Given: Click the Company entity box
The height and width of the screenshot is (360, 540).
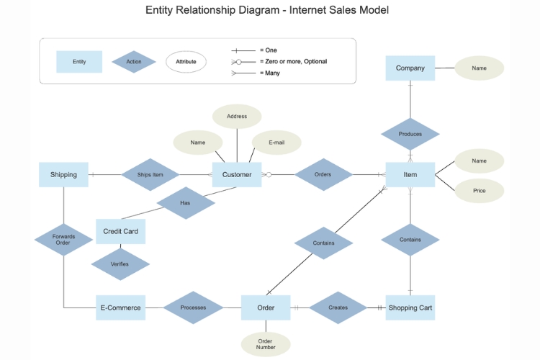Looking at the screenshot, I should click(410, 68).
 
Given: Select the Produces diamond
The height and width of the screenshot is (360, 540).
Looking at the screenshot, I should click(410, 134).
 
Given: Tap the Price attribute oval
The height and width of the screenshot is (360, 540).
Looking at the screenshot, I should click(479, 191).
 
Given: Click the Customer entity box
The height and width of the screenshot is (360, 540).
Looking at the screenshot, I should click(236, 174).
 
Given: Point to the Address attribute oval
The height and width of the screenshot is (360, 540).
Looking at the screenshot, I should click(237, 116).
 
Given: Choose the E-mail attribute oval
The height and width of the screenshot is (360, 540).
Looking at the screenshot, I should click(276, 143).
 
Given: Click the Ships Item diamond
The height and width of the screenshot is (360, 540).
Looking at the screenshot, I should click(150, 174).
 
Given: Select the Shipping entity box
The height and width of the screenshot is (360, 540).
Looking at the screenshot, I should click(63, 174).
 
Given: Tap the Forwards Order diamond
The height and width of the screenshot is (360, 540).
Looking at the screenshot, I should click(63, 239).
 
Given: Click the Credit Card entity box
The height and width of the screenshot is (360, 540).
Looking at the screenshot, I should click(120, 231).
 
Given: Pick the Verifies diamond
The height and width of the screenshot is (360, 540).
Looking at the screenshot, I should click(120, 264).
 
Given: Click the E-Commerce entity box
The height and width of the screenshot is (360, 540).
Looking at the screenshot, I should click(120, 307).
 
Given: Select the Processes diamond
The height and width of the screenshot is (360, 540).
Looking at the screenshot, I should click(193, 307).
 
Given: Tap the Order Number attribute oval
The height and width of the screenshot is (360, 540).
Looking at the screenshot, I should click(265, 345).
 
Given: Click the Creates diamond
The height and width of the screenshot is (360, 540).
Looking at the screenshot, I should click(338, 307).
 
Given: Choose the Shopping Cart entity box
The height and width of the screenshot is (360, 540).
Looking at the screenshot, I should click(410, 307).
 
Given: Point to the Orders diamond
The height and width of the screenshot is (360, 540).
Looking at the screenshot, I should click(323, 174).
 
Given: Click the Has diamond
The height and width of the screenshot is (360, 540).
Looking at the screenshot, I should click(185, 203).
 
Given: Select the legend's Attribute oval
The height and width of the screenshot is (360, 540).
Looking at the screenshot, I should click(186, 62).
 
